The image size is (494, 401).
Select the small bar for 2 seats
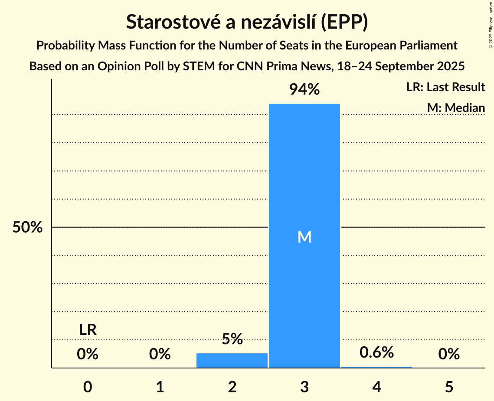(232, 361)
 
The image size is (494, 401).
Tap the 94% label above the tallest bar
(304, 90)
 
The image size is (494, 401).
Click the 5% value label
(232, 339)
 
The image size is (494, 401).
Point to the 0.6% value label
(376, 352)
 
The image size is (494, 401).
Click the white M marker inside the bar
(304, 237)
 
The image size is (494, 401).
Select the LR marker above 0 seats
(88, 330)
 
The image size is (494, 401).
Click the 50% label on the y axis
(27, 227)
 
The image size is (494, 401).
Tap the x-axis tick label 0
(88, 387)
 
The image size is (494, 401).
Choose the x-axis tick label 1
(160, 387)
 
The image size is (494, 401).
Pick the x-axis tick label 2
(232, 387)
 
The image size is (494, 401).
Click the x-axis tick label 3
(304, 387)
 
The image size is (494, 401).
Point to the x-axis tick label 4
(376, 387)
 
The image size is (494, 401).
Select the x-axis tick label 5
(449, 387)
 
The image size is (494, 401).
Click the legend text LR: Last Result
(445, 87)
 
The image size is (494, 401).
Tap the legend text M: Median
(456, 108)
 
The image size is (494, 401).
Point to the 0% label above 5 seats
(449, 355)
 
